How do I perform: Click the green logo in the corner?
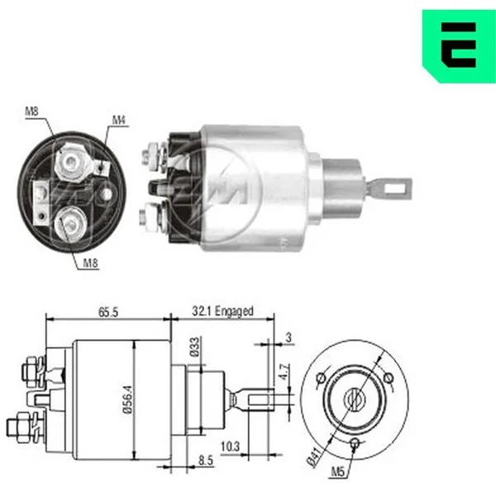click(459, 45)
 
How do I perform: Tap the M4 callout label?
click(119, 120)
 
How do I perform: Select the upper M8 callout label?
click(31, 112)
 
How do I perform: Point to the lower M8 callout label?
click(90, 263)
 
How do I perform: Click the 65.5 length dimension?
click(108, 312)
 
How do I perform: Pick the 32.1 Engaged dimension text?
click(222, 311)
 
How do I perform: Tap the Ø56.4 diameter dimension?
click(128, 400)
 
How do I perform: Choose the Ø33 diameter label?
click(195, 347)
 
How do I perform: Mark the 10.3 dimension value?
click(231, 446)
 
